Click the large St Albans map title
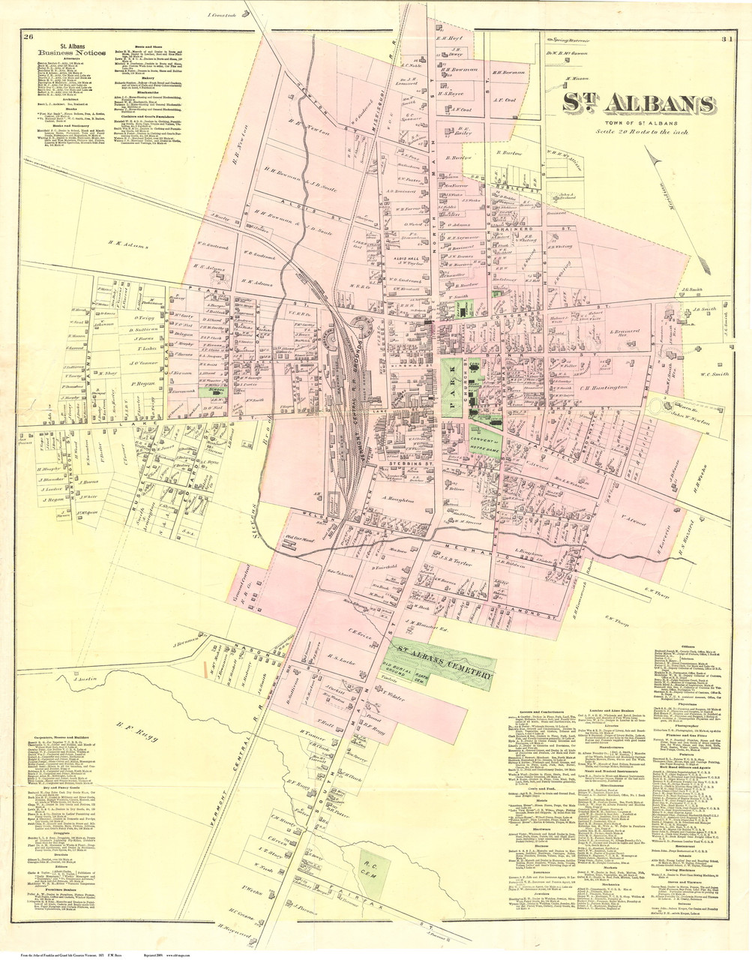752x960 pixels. tap(638, 104)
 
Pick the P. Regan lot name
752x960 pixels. tap(152, 383)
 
